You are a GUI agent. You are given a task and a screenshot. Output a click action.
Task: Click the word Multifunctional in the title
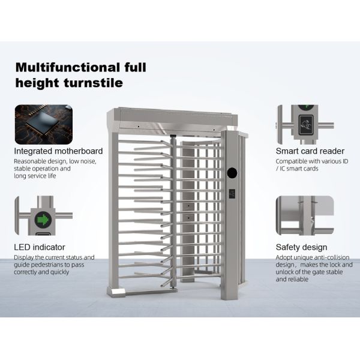67,67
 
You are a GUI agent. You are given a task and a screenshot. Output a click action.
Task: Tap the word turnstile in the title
93,83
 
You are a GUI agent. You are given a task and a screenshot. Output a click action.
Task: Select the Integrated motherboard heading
58,151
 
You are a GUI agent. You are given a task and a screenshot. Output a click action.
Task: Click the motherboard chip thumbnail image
44,125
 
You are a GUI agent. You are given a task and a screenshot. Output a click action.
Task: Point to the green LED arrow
43,219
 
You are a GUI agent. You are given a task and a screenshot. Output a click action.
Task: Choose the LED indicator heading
40,247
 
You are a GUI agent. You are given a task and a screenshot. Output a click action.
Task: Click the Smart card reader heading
310,151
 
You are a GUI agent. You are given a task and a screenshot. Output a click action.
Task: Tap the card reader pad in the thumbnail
305,124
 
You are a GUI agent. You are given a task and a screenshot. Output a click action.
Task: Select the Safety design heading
301,247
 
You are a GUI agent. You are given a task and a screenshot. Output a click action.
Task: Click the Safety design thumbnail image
305,215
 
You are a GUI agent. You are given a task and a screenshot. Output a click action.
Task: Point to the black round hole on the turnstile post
232,173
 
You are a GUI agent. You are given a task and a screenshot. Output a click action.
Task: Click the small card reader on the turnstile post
232,194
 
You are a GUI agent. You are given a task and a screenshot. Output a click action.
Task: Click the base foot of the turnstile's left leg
116,292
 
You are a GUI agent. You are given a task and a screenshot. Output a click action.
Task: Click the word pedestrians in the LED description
50,265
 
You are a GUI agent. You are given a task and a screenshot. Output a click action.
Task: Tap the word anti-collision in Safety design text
331,257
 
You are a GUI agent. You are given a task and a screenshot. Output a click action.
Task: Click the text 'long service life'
35,176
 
